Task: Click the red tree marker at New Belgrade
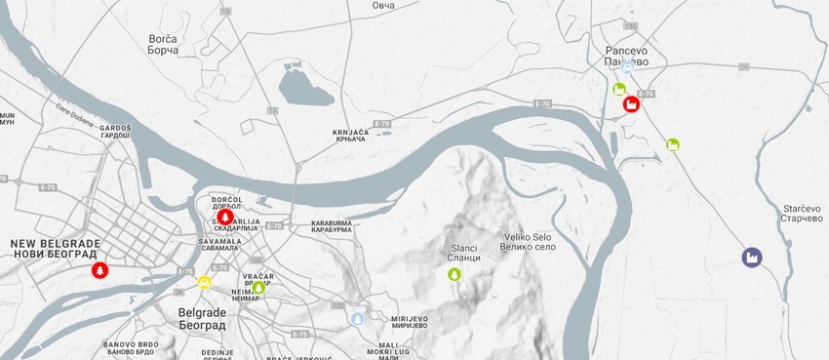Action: click(99, 269)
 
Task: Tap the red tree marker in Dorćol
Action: click(225, 217)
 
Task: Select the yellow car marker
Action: click(205, 283)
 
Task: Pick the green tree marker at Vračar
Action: click(258, 287)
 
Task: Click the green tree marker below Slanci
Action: click(454, 275)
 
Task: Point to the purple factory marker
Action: click(751, 258)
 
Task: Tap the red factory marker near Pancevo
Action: click(631, 103)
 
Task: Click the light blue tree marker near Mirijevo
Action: click(358, 318)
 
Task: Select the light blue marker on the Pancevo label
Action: click(627, 67)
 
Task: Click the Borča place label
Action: click(163, 44)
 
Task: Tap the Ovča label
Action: click(384, 6)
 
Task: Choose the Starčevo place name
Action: click(804, 214)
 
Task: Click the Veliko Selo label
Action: click(530, 241)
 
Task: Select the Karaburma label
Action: click(331, 227)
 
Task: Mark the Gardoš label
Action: click(114, 132)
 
